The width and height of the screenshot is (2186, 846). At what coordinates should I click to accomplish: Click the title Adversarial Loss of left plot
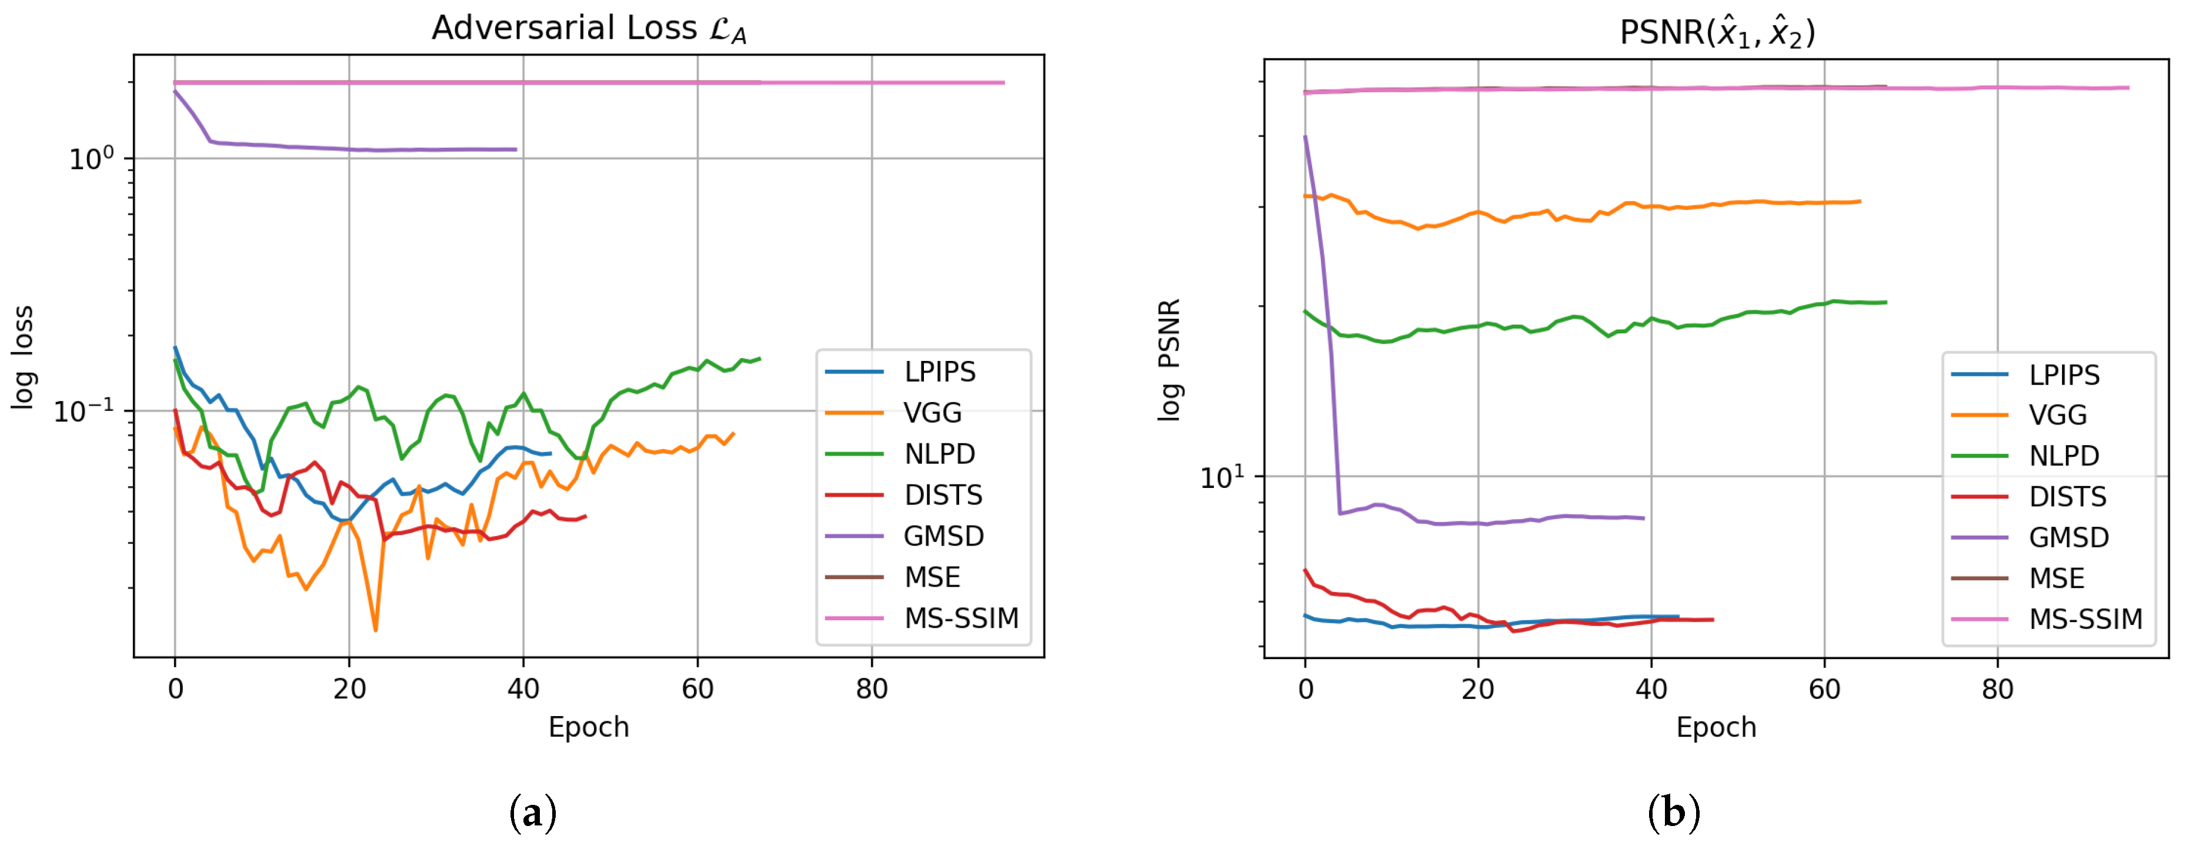pyautogui.click(x=588, y=29)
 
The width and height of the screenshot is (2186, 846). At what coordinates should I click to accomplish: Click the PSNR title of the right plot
pyautogui.click(x=1716, y=32)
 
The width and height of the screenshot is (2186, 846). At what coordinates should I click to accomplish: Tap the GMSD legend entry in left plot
pyautogui.click(x=943, y=536)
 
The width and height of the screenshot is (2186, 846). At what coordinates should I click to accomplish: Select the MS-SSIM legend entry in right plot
pyautogui.click(x=2085, y=620)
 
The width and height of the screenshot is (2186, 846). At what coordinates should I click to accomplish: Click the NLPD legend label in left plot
pyautogui.click(x=939, y=454)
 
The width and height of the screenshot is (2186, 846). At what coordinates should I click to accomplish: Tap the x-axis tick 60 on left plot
pyautogui.click(x=697, y=689)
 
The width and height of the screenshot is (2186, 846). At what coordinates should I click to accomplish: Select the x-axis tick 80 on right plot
pyautogui.click(x=1997, y=689)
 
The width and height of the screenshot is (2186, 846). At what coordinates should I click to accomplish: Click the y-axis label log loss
pyautogui.click(x=23, y=357)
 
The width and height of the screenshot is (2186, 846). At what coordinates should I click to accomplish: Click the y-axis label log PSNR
pyautogui.click(x=1169, y=360)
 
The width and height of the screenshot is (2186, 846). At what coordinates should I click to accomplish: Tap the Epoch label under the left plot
pyautogui.click(x=588, y=728)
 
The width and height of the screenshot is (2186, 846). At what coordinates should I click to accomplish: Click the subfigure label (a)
pyautogui.click(x=533, y=813)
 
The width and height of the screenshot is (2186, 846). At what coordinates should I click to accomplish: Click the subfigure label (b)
pyautogui.click(x=1673, y=813)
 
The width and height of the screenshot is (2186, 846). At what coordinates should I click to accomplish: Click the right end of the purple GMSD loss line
pyautogui.click(x=515, y=149)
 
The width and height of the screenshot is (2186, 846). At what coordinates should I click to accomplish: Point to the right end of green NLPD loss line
pyautogui.click(x=759, y=358)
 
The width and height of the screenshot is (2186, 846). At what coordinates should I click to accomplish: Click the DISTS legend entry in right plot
pyautogui.click(x=2067, y=496)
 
